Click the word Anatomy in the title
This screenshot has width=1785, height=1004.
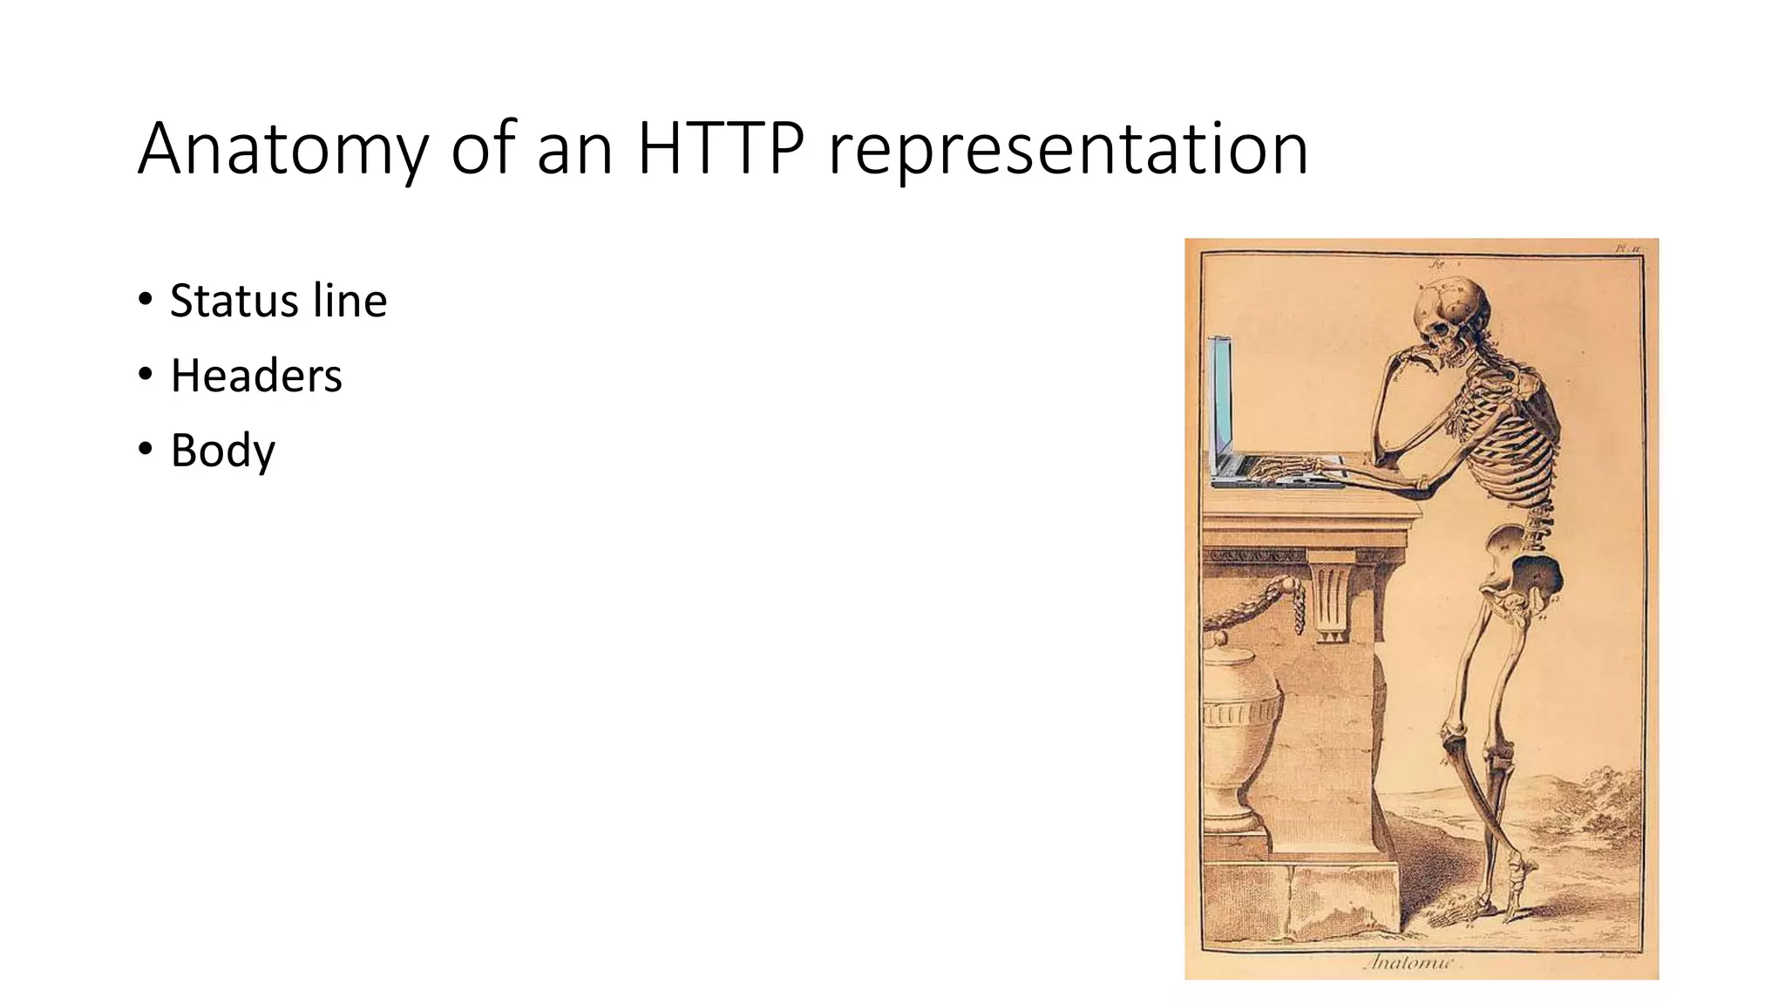click(282, 150)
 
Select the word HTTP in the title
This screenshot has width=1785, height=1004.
click(721, 150)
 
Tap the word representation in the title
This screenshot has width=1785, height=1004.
click(1068, 150)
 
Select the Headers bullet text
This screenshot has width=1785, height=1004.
click(256, 376)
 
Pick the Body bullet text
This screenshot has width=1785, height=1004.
click(223, 451)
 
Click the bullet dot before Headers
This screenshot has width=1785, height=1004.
click(146, 375)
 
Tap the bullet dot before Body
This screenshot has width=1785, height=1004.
click(146, 450)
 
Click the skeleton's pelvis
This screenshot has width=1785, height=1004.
click(1521, 566)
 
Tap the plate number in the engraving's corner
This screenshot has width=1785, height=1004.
click(1627, 248)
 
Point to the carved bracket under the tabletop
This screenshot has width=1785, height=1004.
click(1334, 601)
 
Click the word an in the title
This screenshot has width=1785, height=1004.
click(574, 150)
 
